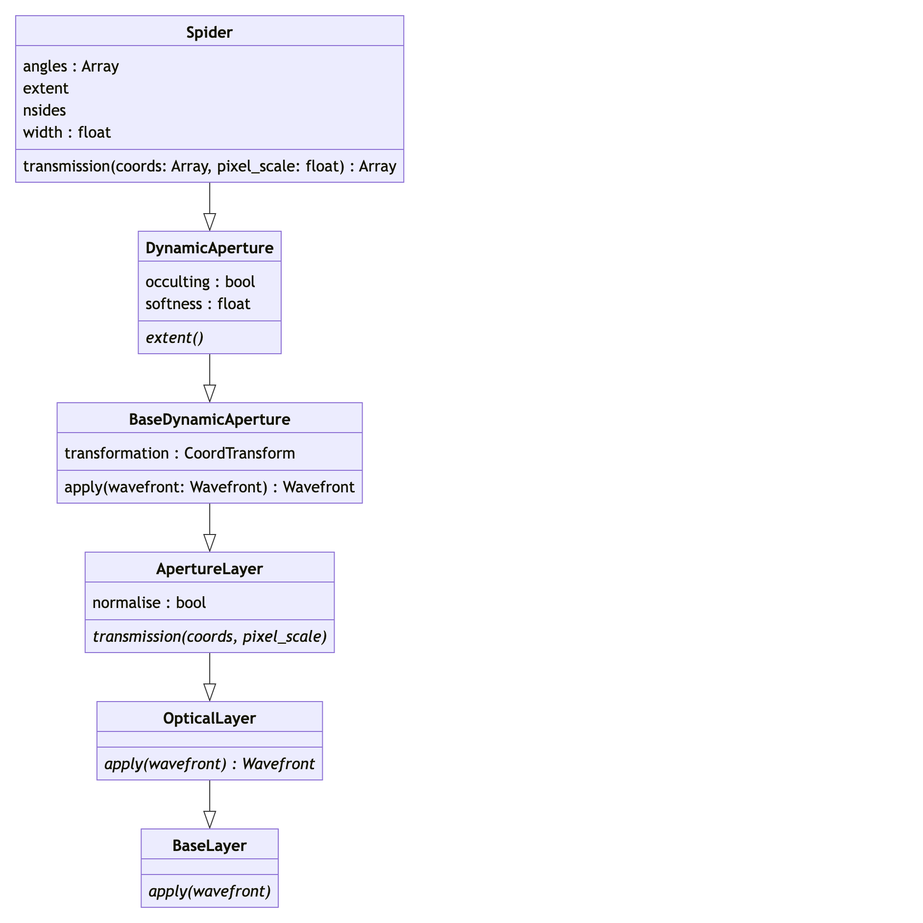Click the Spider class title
tap(209, 32)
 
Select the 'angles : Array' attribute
tap(71, 66)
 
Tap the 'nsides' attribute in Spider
tap(45, 110)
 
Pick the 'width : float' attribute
tap(67, 132)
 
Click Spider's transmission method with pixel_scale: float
tap(209, 167)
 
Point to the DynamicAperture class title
tap(209, 248)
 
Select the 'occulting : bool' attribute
tap(200, 282)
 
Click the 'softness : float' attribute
tap(197, 304)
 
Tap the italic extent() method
tap(174, 338)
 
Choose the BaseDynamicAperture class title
tap(209, 419)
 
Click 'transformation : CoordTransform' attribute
tap(179, 453)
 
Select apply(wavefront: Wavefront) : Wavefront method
tap(209, 487)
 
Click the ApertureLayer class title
tap(209, 569)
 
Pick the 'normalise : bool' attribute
tap(149, 603)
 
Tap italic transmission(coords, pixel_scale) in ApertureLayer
tap(209, 636)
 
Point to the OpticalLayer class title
tap(209, 718)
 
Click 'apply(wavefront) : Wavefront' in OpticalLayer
tap(209, 764)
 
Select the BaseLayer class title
tap(209, 846)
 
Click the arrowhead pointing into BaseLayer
tap(210, 820)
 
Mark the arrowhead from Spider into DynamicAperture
tap(210, 222)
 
